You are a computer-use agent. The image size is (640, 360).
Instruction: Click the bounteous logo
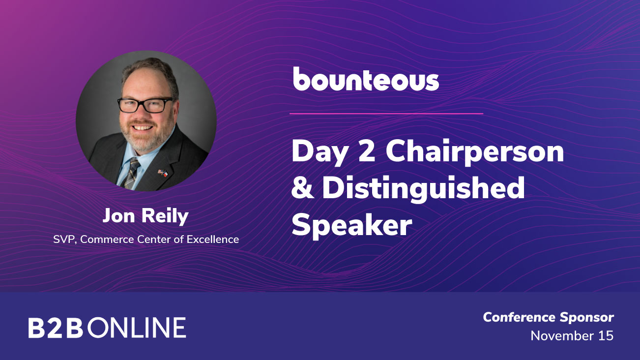(x=366, y=79)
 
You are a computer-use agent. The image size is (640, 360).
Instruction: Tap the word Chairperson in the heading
(x=475, y=152)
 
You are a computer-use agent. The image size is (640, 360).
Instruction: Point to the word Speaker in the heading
(x=352, y=225)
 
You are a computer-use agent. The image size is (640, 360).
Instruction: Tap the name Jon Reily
(x=145, y=216)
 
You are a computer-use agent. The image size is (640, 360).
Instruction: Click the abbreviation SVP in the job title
(x=64, y=240)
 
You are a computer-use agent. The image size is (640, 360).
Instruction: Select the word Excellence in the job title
(x=213, y=239)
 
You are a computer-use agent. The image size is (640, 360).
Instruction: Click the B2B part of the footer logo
(x=56, y=328)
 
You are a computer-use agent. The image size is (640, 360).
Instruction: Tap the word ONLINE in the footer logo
(x=137, y=328)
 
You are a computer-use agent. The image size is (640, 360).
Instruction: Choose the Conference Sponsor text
(x=548, y=318)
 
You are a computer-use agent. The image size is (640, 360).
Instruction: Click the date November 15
(x=572, y=336)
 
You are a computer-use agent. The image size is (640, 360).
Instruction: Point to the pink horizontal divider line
(x=386, y=114)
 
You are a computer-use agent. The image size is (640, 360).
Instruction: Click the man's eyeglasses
(x=145, y=105)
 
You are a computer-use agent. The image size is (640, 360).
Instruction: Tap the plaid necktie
(x=131, y=173)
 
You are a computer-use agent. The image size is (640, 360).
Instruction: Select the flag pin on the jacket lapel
(x=163, y=173)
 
